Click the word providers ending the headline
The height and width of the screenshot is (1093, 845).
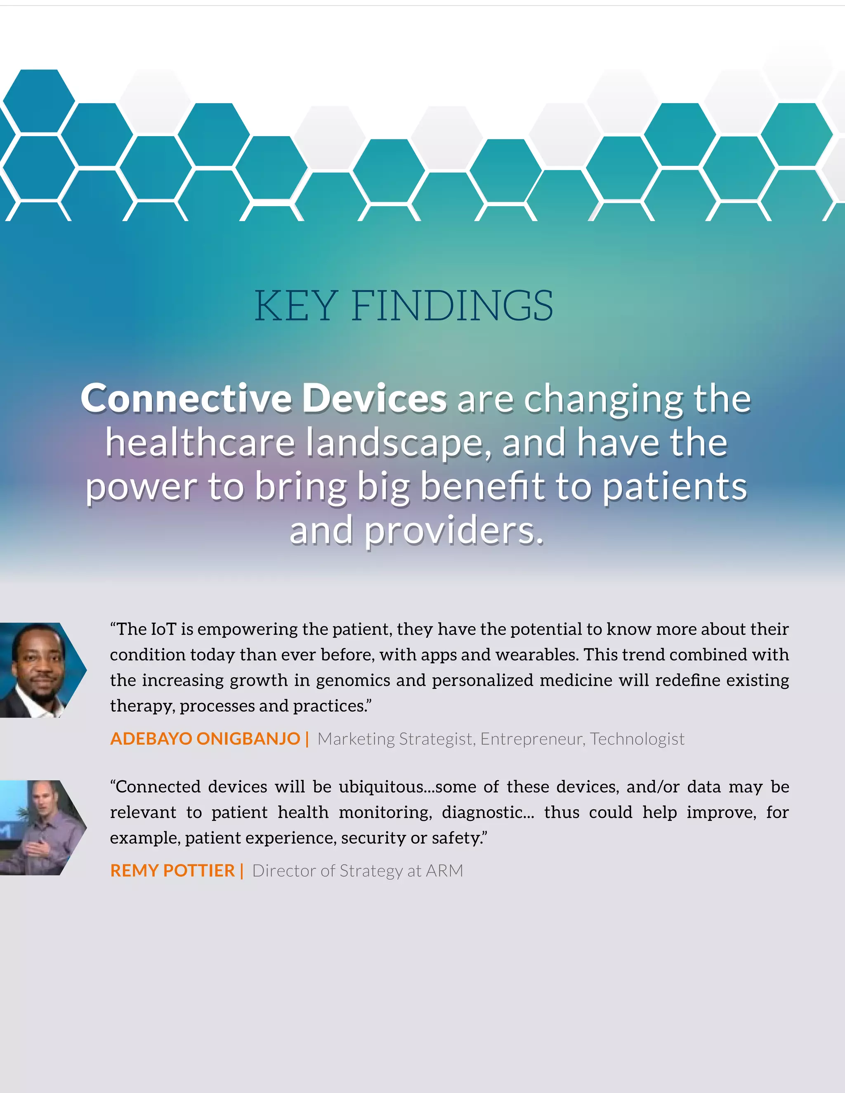click(453, 531)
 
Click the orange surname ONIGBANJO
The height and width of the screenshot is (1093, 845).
click(248, 739)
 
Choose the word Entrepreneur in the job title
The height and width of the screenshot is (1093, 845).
click(532, 739)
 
